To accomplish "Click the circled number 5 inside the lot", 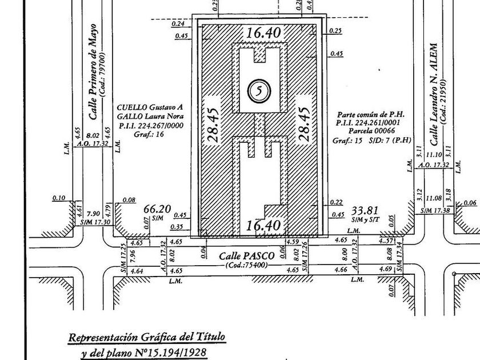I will (x=259, y=90).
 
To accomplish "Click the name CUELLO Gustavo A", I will (x=149, y=107).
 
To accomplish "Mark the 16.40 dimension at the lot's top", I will (x=263, y=33).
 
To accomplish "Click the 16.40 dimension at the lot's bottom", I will (x=263, y=226).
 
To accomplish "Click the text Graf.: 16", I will (x=133, y=135).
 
